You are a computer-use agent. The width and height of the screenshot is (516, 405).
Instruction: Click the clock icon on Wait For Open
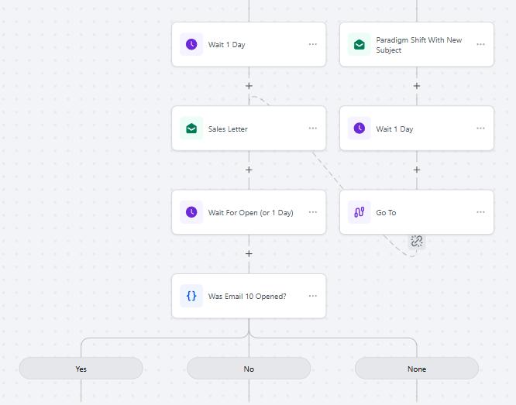(x=191, y=212)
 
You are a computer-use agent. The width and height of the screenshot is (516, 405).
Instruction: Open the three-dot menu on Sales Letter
(x=313, y=129)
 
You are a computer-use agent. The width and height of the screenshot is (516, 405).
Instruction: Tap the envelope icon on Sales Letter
(x=191, y=129)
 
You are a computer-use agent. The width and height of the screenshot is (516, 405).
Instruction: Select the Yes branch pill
(x=81, y=369)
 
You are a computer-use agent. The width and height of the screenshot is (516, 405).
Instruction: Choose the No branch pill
(x=249, y=369)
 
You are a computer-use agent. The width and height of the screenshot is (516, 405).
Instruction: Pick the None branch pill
(x=417, y=369)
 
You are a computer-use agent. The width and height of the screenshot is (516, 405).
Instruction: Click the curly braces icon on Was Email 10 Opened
(x=191, y=296)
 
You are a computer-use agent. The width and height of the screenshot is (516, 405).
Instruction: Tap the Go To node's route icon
(x=359, y=212)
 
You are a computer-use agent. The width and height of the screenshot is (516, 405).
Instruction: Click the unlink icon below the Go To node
(x=417, y=241)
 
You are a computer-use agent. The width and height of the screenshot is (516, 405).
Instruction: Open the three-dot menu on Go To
(x=480, y=212)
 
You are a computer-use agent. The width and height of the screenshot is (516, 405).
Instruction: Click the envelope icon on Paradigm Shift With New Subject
(x=359, y=44)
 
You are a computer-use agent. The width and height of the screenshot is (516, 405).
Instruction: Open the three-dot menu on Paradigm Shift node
(x=480, y=44)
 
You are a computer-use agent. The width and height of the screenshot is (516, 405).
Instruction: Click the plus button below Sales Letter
(x=249, y=170)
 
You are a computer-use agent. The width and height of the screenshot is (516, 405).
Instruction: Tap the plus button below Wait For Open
(x=249, y=254)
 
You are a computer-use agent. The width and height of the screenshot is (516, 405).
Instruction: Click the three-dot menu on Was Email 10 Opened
(x=313, y=296)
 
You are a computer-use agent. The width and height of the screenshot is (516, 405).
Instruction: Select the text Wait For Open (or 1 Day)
(x=250, y=212)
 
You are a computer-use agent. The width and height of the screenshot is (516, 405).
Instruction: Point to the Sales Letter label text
(x=228, y=129)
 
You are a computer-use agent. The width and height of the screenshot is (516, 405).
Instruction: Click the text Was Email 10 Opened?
(x=247, y=296)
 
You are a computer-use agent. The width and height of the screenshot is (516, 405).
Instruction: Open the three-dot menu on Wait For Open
(x=313, y=212)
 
